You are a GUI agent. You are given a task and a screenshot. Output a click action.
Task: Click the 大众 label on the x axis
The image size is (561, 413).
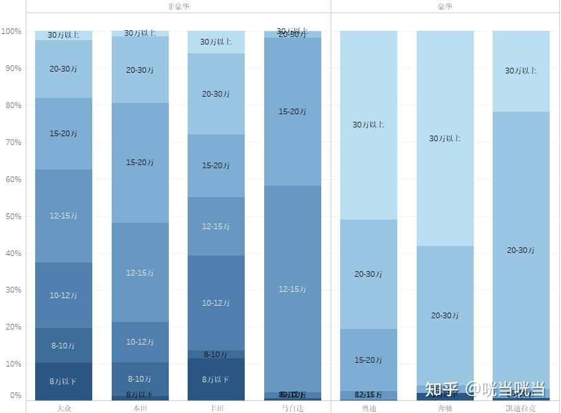click(63, 408)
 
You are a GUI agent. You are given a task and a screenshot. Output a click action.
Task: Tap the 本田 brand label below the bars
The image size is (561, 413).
click(140, 408)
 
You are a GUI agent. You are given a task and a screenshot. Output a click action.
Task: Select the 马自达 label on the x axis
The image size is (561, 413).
click(292, 408)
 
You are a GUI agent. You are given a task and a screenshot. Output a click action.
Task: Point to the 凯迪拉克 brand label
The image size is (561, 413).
click(521, 408)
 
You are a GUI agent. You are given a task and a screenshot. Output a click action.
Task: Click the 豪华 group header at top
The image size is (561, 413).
click(445, 6)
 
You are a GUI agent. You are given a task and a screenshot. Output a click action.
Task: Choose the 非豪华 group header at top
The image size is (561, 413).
click(178, 6)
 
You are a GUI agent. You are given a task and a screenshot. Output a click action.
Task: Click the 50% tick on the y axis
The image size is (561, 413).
click(12, 217)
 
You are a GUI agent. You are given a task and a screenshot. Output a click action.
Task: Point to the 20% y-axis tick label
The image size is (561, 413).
click(12, 327)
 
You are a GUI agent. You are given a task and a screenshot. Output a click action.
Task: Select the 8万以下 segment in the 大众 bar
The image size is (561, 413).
click(63, 381)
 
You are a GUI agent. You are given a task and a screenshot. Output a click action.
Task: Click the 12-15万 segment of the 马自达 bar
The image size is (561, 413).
click(292, 289)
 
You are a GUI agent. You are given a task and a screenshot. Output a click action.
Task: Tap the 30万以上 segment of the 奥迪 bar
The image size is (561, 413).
click(368, 125)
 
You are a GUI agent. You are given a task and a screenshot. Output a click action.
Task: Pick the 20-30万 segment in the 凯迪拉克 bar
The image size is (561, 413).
click(521, 250)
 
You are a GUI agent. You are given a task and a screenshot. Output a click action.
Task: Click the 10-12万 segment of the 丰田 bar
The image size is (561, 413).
click(216, 303)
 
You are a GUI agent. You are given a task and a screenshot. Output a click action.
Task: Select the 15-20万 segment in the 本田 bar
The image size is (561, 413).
click(140, 163)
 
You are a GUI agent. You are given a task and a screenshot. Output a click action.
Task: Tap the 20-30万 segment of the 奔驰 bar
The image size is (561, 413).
click(445, 316)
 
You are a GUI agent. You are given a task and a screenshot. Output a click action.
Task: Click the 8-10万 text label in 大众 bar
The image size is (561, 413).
click(63, 346)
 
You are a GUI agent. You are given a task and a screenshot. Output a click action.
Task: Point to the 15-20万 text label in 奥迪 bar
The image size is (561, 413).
click(368, 360)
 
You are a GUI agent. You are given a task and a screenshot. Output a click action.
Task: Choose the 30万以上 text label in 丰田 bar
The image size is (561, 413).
click(216, 42)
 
